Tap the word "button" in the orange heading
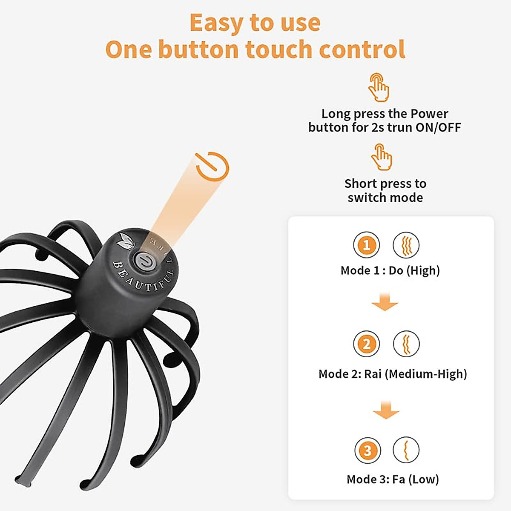click(199, 49)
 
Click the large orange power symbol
click(212, 166)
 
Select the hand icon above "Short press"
click(382, 157)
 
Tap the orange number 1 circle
click(366, 245)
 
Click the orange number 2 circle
click(366, 344)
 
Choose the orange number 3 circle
click(367, 451)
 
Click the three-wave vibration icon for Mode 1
click(406, 245)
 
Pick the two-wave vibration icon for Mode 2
click(406, 344)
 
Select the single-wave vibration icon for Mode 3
click(406, 451)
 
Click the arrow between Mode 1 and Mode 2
click(385, 302)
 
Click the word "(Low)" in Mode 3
click(423, 479)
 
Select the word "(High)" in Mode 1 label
click(423, 270)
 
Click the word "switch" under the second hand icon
click(367, 198)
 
